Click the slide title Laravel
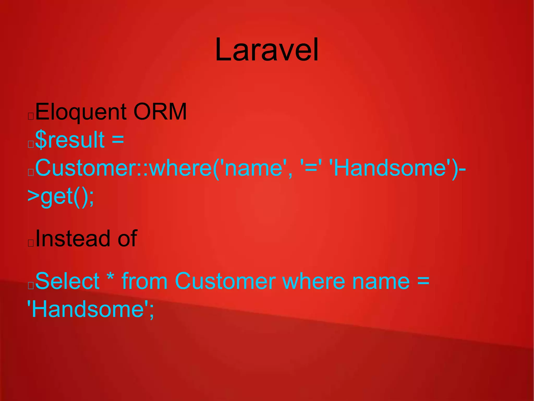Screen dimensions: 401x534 tap(267, 50)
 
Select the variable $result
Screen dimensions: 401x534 tap(70, 140)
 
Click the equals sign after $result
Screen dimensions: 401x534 tap(118, 140)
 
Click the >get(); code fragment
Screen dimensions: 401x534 tap(60, 196)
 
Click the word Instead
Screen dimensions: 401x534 tap(72, 238)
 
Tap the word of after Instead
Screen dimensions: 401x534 tap(127, 238)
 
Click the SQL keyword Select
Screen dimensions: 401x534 tap(67, 281)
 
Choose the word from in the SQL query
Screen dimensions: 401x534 tap(144, 281)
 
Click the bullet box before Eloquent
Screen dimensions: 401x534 tap(31, 116)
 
